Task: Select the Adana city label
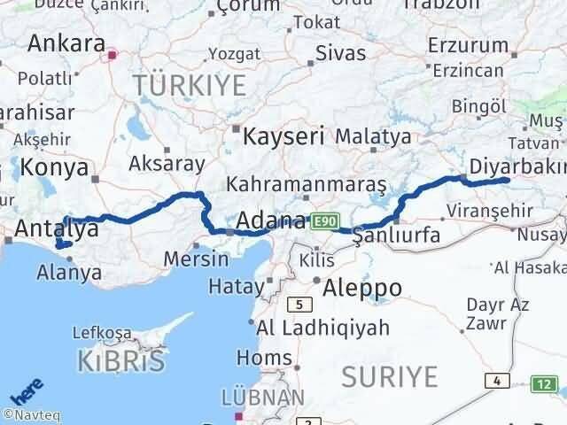coord(272,218)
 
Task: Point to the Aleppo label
coord(362,287)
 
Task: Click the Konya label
coord(54,167)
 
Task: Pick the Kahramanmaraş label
coord(307,185)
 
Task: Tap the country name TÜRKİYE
coord(190,86)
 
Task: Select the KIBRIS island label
coord(120,361)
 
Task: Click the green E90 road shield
coord(324,220)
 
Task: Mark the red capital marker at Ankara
coord(112,56)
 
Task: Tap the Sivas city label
coord(340,53)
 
